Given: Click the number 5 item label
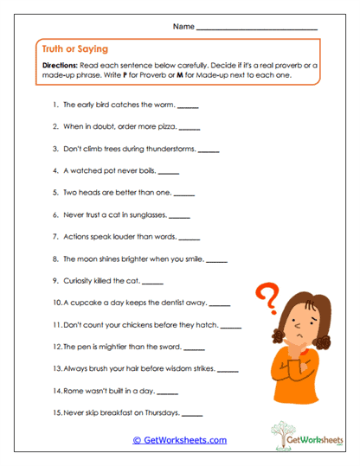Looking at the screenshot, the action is [56, 193].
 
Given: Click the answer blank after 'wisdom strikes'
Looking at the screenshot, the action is [228, 370].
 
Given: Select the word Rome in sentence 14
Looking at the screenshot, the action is [74, 391].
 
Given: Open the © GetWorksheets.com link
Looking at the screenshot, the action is [179, 439].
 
